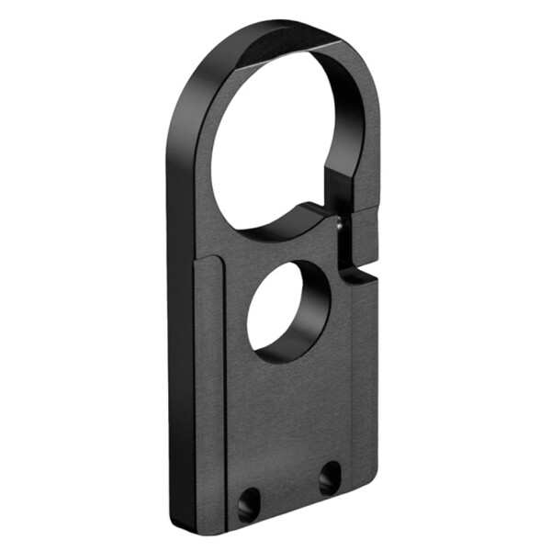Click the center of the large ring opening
click(x=276, y=138)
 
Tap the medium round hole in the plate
click(x=287, y=312)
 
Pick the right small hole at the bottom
click(x=329, y=478)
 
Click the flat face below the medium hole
click(x=294, y=413)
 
